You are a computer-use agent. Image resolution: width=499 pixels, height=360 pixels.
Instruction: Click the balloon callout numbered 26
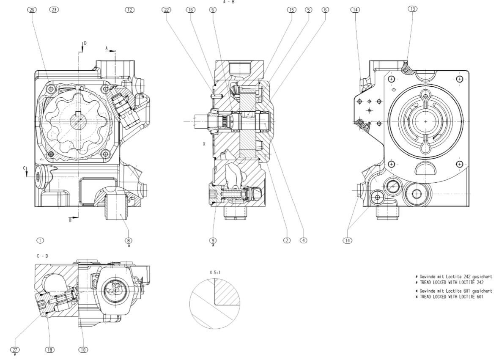pos(31,9)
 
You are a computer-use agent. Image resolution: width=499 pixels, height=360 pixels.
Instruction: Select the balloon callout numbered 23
pos(54,9)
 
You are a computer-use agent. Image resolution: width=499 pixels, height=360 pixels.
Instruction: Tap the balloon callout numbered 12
pos(129,9)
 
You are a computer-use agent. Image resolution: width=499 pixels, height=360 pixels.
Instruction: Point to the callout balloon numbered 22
pos(167,9)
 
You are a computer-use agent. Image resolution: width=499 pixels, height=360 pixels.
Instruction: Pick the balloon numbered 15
pos(291,9)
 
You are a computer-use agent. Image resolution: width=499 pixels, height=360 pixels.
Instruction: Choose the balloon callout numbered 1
pos(40,240)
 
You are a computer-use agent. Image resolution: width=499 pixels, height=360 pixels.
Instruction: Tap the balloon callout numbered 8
pos(129,240)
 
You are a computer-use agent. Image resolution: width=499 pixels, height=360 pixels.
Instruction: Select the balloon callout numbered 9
pos(213,240)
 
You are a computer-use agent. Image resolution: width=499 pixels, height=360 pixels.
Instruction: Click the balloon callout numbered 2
pos(287,240)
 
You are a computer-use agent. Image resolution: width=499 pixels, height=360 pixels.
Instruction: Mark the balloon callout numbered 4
pos(303,240)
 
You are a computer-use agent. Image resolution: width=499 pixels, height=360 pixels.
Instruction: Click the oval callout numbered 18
pos(49,349)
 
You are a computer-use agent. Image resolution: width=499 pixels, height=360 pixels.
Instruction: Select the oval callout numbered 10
pos(83,349)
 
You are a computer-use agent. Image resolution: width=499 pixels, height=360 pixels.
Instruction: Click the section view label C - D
pos(42,256)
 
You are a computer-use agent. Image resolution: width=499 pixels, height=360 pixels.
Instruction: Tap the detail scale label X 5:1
pos(215,273)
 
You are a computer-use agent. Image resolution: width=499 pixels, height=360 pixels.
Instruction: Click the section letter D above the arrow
pos(85,43)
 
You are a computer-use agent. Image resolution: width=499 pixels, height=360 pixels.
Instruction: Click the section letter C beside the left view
pos(24,168)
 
